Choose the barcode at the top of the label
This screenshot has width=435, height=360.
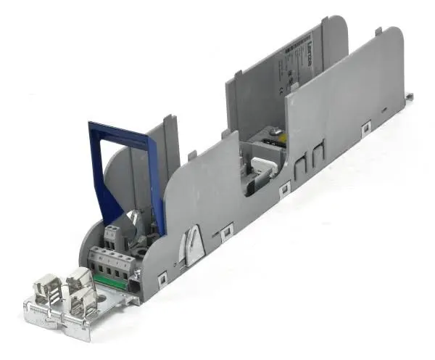click(299, 44)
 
